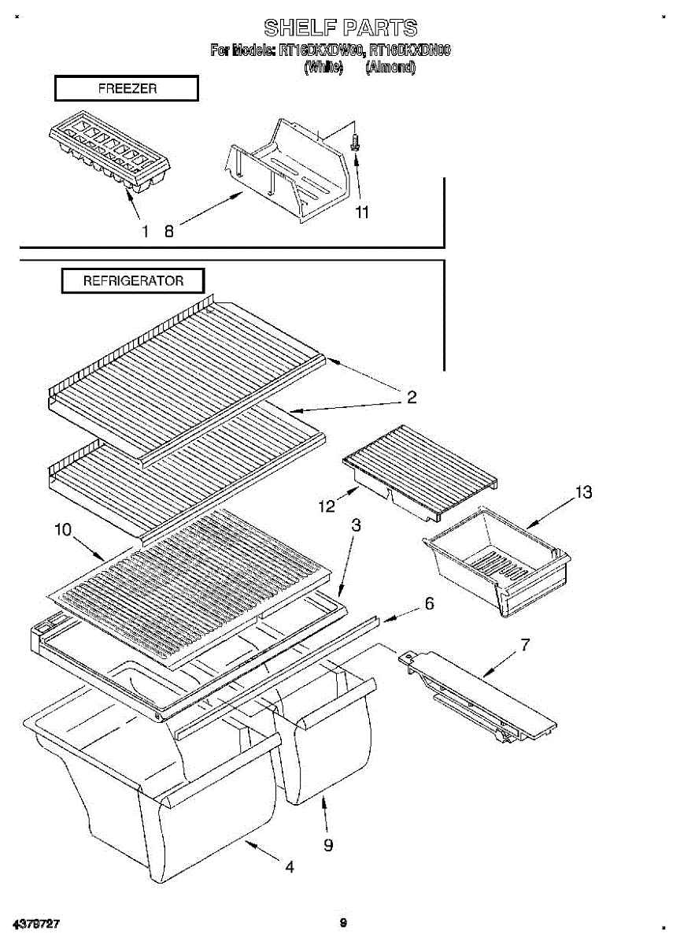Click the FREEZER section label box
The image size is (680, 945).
point(126,89)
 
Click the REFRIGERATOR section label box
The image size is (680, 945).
point(133,280)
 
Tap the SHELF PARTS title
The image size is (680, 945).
point(340,29)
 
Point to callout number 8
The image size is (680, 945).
point(168,232)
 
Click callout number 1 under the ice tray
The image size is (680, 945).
point(145,232)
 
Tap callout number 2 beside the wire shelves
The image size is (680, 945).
point(411,397)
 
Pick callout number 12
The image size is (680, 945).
point(326,507)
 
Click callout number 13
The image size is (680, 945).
point(583,493)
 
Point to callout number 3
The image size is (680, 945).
point(356,525)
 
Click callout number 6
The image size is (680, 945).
point(429,604)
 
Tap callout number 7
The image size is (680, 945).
point(525,645)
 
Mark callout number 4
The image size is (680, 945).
point(290,867)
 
